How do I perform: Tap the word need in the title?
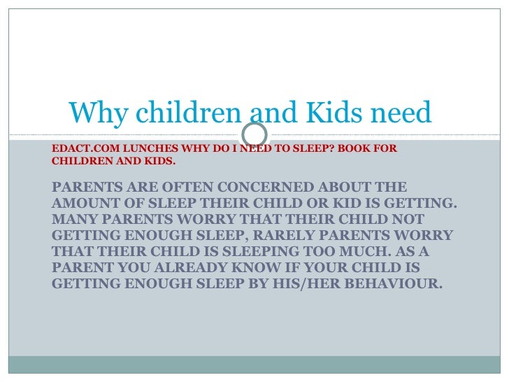click(401, 113)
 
